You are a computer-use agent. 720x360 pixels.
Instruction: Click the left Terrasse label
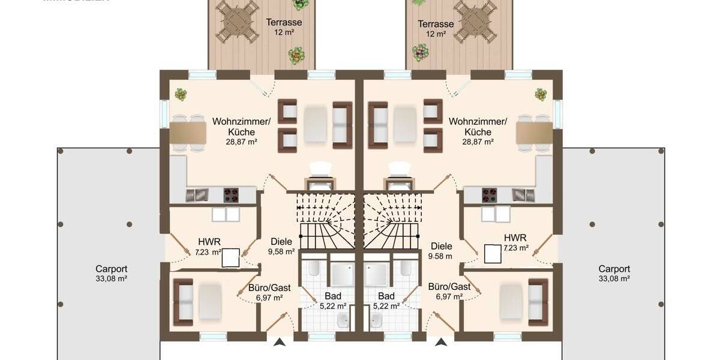(284, 23)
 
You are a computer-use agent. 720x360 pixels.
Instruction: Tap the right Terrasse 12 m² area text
(436, 34)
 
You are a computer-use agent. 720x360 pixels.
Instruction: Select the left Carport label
(112, 269)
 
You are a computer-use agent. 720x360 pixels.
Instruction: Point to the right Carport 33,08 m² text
(614, 278)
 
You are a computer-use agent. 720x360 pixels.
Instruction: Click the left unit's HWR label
(205, 242)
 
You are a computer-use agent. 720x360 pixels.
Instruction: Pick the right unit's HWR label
(515, 237)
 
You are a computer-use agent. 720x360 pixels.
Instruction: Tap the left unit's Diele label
(281, 241)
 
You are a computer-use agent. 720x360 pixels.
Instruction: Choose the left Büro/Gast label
(269, 287)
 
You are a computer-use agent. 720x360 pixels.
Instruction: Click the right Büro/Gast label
(449, 287)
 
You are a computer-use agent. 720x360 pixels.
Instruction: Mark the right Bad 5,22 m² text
(386, 305)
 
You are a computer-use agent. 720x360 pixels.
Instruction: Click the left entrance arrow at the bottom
(280, 343)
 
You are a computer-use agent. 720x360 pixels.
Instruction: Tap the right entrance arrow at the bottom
(441, 343)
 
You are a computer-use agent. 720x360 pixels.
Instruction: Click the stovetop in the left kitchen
(231, 195)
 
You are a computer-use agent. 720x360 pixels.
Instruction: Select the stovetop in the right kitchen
(490, 195)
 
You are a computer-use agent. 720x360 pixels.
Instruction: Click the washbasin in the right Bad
(378, 323)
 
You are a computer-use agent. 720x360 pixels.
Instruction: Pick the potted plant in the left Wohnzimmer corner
(181, 94)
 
